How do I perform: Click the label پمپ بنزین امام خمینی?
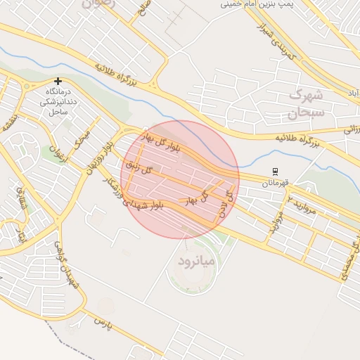[257, 4]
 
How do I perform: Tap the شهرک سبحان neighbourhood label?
[307, 103]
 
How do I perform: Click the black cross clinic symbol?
[58, 82]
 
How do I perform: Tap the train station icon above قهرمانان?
[276, 171]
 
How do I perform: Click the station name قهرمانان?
[276, 183]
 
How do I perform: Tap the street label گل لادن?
[224, 202]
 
